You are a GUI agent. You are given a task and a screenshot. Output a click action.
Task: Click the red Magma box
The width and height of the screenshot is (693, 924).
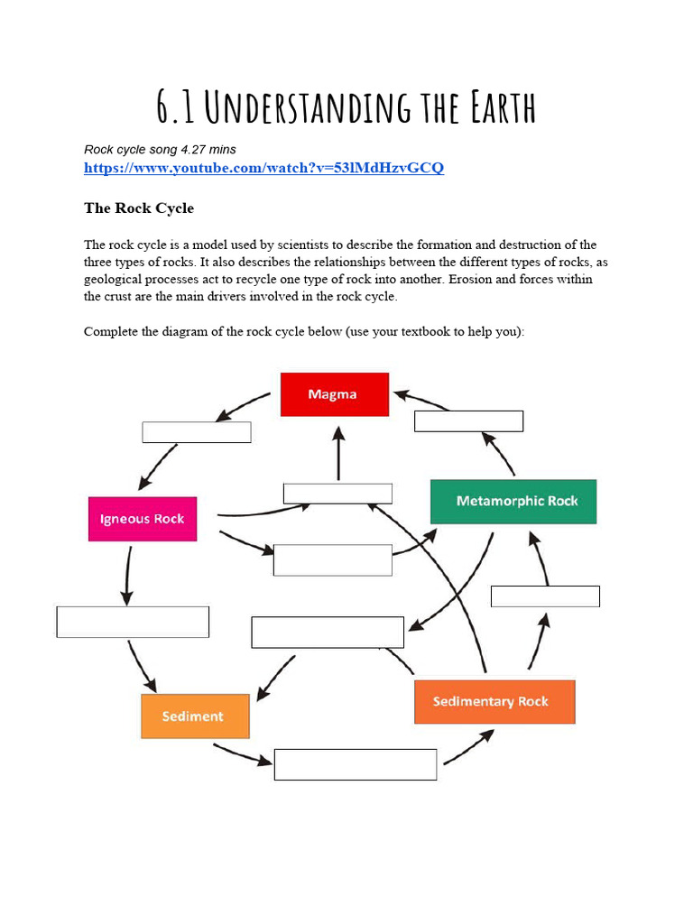[334, 394]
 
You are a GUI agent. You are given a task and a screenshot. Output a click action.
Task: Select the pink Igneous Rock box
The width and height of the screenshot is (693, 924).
[142, 519]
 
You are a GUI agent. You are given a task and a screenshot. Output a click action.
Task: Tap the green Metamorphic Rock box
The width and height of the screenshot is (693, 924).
[513, 502]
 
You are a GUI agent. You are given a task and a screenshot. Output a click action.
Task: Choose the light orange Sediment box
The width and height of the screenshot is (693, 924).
[195, 716]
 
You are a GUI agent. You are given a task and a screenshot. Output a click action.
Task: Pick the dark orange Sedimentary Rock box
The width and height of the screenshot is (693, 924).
[494, 702]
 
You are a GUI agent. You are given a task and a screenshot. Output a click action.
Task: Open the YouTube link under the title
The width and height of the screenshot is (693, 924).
[263, 168]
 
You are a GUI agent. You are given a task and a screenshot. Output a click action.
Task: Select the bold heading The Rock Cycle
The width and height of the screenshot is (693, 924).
[139, 208]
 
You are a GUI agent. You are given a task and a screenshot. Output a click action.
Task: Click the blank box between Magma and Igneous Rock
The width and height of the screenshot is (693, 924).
[196, 432]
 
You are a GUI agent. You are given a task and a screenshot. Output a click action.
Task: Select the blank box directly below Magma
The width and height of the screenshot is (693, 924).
[337, 494]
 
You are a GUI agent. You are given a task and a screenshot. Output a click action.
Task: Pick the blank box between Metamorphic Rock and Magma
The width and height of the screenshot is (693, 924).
[468, 421]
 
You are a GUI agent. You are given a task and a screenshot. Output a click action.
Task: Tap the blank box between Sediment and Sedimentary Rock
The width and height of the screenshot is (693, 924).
[356, 764]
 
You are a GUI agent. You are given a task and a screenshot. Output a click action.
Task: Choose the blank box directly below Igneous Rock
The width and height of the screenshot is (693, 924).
[133, 622]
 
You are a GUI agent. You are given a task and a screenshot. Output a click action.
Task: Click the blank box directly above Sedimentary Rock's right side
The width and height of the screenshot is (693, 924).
[545, 596]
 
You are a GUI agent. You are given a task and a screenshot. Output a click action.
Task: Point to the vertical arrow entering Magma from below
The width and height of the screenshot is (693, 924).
[338, 453]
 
